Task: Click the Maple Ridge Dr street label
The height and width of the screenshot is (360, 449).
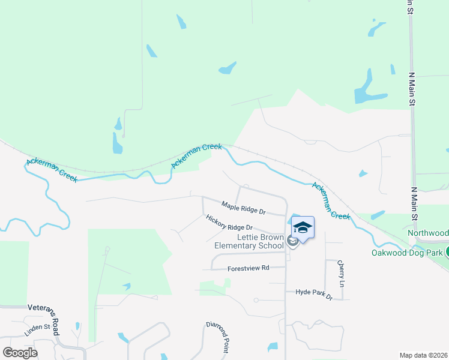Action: coord(243,208)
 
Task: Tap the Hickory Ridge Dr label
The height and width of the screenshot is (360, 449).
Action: coord(229,223)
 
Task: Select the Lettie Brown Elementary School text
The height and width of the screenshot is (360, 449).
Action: coord(249,241)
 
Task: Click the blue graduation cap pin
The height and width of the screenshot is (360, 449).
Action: coord(303,228)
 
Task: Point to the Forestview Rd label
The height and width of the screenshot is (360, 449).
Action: coord(249,268)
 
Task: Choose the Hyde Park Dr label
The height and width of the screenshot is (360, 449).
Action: coord(313,294)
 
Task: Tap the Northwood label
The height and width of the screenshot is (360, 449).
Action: coord(428,233)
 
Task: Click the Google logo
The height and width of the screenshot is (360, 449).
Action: coord(20,352)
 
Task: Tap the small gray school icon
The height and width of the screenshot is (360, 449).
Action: coord(292,241)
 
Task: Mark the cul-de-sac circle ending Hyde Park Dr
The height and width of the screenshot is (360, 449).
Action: coord(256,299)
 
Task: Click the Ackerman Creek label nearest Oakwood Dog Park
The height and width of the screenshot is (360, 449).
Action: coord(330,201)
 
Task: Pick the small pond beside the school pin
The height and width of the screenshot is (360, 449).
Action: coord(294,219)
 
